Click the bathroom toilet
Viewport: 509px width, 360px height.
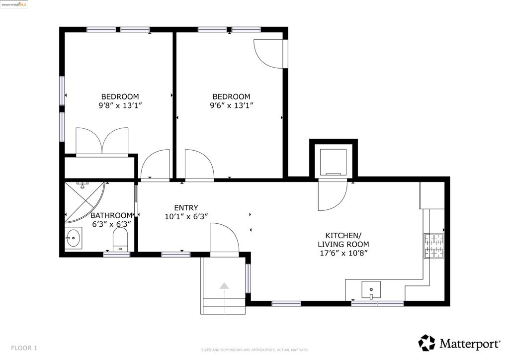coord(120,239)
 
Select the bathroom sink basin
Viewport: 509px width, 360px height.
coord(74,238)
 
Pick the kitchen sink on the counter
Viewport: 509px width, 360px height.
coord(370,289)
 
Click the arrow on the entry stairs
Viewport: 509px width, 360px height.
coord(224,286)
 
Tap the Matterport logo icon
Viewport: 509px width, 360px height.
coord(426,343)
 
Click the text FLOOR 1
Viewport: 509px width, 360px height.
coord(24,348)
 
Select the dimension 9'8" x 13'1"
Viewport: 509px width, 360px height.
coord(120,105)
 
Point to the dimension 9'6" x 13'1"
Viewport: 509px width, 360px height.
coord(231,105)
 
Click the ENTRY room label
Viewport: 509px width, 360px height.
coord(186,208)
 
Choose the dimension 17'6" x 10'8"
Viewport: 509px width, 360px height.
coord(343,253)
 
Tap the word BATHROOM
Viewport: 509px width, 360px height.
coord(111,215)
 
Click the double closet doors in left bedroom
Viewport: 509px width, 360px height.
coord(102,142)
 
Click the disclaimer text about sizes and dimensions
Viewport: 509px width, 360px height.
coord(254,350)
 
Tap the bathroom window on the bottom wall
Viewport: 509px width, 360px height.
coord(117,255)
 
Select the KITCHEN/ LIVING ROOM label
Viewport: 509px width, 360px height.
coord(343,240)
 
